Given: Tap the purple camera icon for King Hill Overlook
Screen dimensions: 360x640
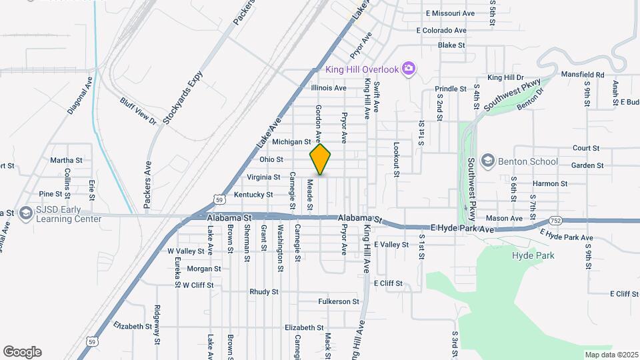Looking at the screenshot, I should [409, 69].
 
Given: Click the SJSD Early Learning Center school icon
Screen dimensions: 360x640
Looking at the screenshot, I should [27, 213].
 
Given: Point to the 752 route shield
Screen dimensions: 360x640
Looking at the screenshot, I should [556, 221].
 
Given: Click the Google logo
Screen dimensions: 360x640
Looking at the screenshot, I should [22, 352].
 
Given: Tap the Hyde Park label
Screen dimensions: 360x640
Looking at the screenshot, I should [533, 255].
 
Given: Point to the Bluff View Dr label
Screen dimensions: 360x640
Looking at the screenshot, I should [138, 111].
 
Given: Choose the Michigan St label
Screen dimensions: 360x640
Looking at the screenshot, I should [292, 141].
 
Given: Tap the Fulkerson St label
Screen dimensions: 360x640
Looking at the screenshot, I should [339, 301].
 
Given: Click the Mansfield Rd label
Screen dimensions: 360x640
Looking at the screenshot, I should [583, 75].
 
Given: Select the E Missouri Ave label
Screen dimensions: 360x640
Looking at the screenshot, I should [450, 13].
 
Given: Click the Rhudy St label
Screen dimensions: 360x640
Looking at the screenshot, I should [263, 292].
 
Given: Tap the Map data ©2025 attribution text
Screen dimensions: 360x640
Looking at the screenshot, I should [611, 354].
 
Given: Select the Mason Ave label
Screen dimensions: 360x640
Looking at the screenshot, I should [504, 218].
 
